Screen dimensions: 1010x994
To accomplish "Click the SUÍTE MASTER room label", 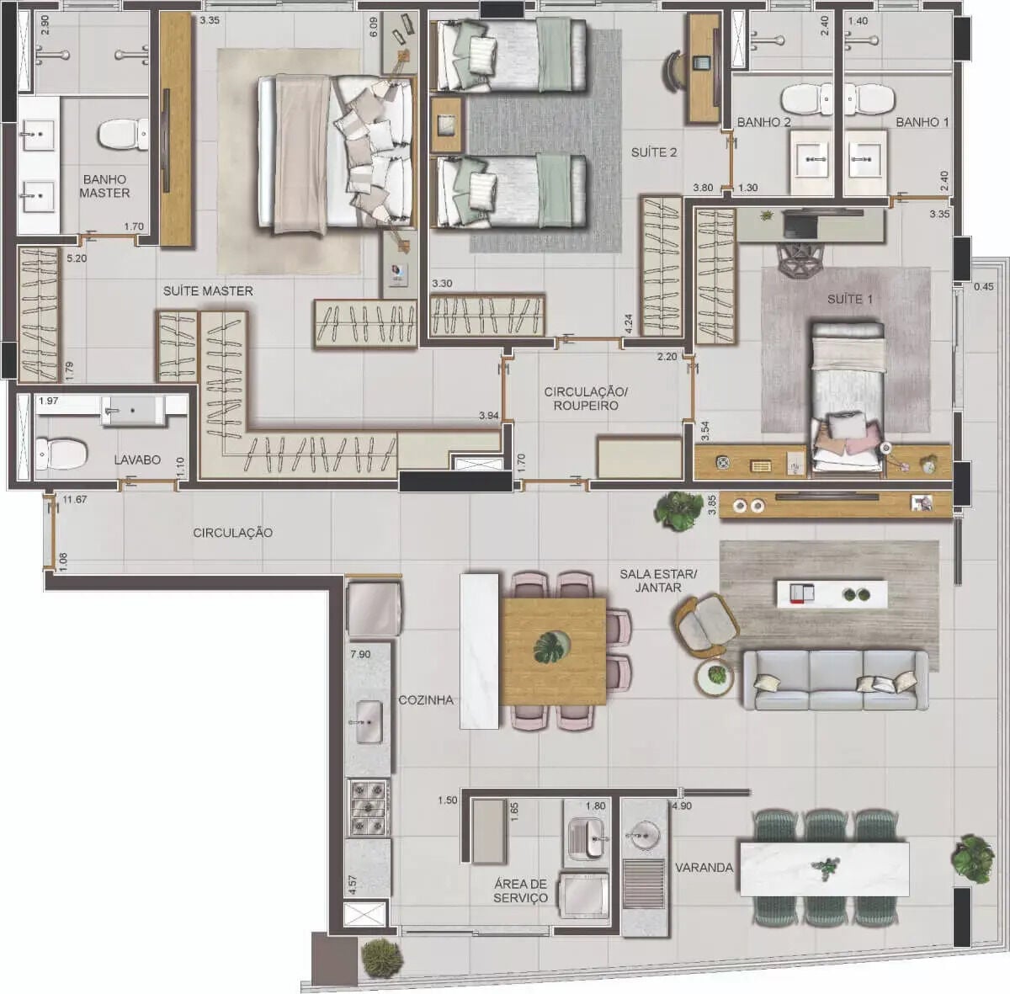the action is (x=208, y=291).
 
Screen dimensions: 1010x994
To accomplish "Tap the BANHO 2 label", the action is (x=763, y=122).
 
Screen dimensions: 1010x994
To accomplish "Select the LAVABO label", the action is (x=137, y=460).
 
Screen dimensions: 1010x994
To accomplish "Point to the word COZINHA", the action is (x=426, y=700).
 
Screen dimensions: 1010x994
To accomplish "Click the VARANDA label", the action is (x=704, y=868).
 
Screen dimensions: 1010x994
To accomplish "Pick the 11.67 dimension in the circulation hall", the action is (x=74, y=500).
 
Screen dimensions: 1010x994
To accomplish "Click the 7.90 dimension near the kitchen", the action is (x=360, y=654).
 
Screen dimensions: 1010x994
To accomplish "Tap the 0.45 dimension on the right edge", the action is (x=983, y=287).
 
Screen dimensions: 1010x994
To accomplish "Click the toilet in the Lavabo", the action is (x=61, y=454).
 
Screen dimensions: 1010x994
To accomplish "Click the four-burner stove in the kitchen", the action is (x=369, y=808).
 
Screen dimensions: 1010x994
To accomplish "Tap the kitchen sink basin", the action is (x=369, y=721).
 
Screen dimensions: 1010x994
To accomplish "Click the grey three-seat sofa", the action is (x=836, y=680).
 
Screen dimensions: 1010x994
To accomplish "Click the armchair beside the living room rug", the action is (x=705, y=625).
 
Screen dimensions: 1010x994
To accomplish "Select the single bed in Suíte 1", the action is (x=848, y=398).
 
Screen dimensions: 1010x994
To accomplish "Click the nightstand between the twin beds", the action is (x=447, y=125).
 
